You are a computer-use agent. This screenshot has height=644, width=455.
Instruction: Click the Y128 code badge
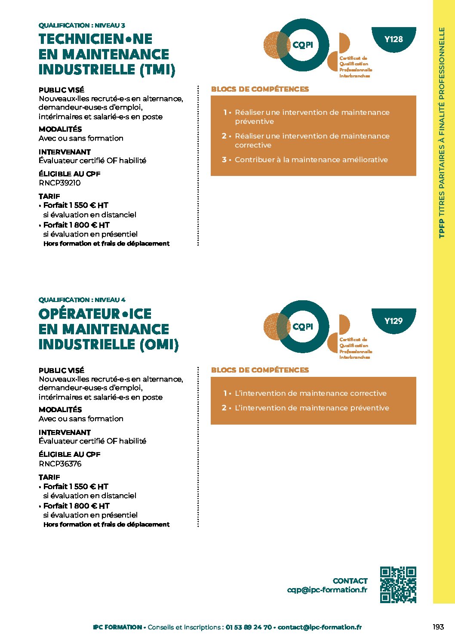coord(394,39)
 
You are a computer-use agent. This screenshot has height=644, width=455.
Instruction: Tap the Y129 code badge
coord(394,320)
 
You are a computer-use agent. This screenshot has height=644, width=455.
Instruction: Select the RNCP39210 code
coord(60,183)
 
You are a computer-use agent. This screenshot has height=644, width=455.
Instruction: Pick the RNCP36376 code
coord(60,464)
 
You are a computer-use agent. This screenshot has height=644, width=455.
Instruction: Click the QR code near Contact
coord(398,584)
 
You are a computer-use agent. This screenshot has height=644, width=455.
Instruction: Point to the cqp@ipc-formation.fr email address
coord(327,590)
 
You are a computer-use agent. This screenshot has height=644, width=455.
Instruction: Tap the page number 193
coord(438,627)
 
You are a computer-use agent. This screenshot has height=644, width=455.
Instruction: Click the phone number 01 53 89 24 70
coord(249,627)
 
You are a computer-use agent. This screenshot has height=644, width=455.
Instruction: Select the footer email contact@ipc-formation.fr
coord(320,627)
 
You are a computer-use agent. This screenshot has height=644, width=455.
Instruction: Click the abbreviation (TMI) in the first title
coord(158,70)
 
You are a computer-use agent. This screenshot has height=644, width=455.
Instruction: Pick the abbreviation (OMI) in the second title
coord(159,345)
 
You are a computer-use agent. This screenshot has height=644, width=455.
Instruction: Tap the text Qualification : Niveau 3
coord(82,25)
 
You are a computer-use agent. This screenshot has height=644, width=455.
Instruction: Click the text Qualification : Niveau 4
coord(82,300)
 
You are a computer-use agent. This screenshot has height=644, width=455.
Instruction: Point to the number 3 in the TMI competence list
coord(224,160)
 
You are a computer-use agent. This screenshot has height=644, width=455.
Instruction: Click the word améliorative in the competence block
coord(365,160)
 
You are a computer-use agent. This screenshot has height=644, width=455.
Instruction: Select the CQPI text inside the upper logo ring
coord(303,45)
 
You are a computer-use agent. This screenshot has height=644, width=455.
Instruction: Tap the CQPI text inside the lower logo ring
coord(303,327)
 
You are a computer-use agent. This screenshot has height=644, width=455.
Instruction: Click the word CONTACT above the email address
coord(350,581)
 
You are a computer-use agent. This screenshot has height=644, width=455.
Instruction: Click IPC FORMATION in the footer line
coord(117,627)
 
